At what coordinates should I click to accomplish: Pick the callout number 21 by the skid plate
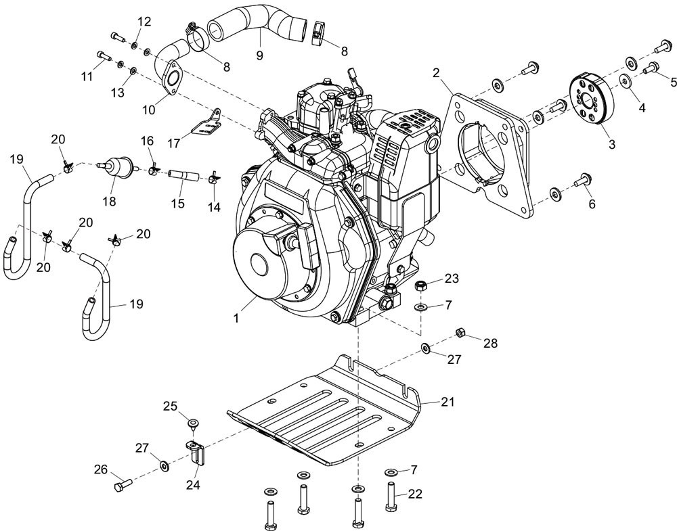click(x=447, y=401)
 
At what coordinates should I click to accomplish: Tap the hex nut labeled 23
click(x=420, y=287)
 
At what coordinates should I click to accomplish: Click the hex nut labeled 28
click(x=459, y=332)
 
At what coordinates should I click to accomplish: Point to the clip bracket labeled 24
click(x=195, y=451)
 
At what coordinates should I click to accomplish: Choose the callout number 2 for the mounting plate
click(x=436, y=72)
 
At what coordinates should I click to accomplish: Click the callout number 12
click(x=144, y=22)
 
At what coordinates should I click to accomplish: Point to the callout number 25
click(x=169, y=406)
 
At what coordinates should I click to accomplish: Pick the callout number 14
click(x=214, y=208)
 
